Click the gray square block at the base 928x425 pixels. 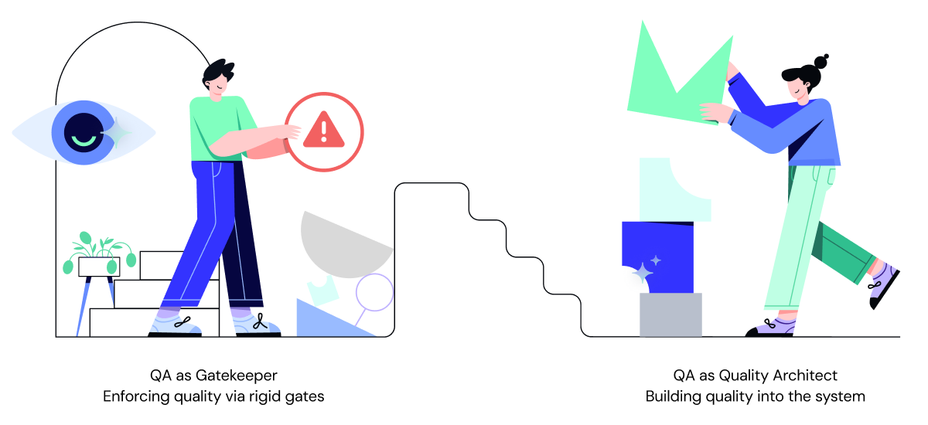coord(670,314)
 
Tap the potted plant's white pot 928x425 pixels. coord(98,267)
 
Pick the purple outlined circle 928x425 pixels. coord(374,293)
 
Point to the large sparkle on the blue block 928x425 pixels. coord(643,272)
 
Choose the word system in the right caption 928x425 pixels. coord(844,396)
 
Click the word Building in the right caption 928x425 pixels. coord(670,396)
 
